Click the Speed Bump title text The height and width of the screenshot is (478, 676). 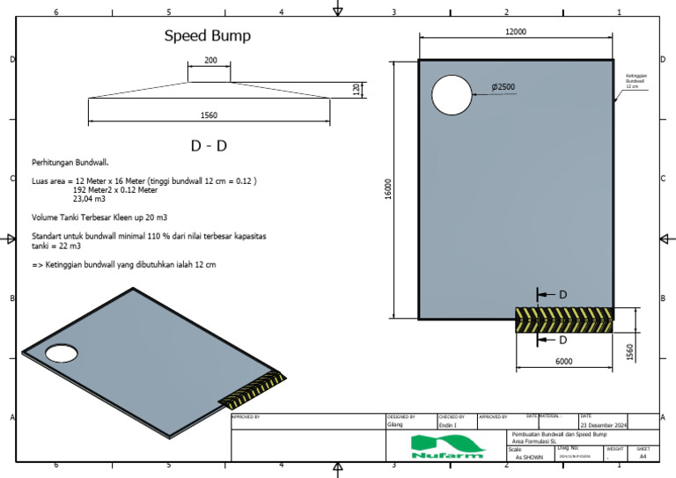click(x=208, y=36)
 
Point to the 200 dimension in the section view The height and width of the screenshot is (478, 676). click(x=209, y=60)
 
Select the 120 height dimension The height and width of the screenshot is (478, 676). click(x=356, y=89)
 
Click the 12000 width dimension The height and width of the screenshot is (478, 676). click(x=515, y=32)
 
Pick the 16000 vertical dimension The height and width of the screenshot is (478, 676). click(x=388, y=188)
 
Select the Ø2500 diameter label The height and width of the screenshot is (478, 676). click(x=504, y=87)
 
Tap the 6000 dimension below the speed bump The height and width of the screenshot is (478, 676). click(x=563, y=362)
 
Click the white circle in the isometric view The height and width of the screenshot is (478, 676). click(x=61, y=354)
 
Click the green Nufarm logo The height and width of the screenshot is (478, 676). click(x=447, y=445)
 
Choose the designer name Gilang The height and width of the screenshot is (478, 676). click(x=395, y=424)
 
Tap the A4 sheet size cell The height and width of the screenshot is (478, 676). click(x=643, y=457)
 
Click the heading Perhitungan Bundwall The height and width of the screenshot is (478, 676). click(x=70, y=163)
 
